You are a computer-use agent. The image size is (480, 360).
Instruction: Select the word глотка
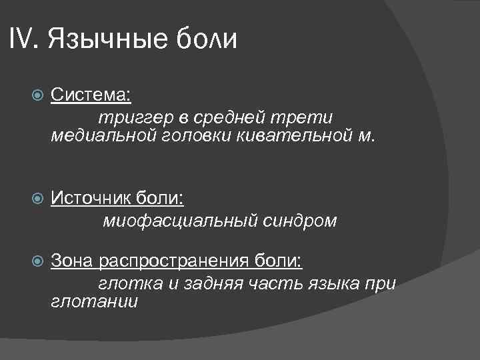click(130, 283)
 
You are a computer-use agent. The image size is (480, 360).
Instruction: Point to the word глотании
click(95, 301)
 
